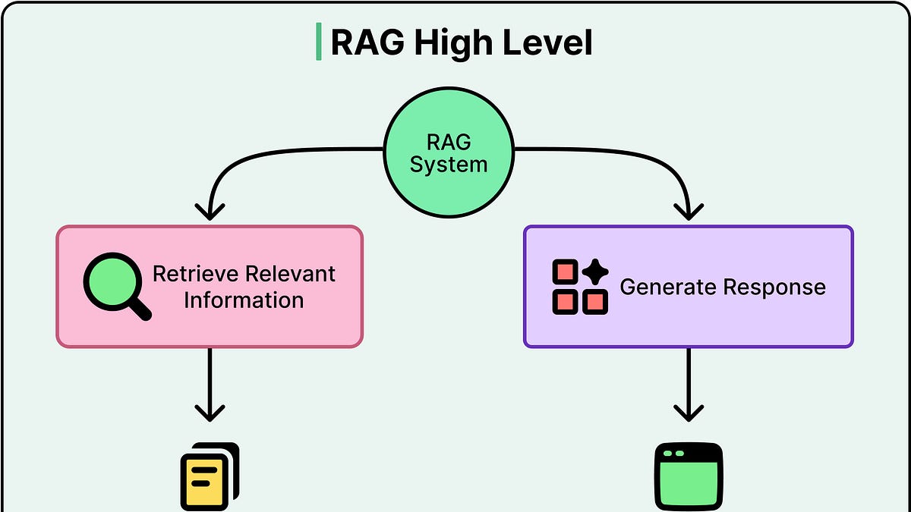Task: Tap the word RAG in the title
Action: pos(367,42)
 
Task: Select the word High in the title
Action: pos(453,42)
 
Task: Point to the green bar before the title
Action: pos(318,42)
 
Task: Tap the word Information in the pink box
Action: pos(244,300)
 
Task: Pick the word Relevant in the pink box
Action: pos(292,274)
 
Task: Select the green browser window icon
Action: pos(689,476)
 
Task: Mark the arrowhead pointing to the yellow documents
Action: pos(210,412)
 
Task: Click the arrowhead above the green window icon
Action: pos(689,412)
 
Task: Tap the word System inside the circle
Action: pos(448,164)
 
